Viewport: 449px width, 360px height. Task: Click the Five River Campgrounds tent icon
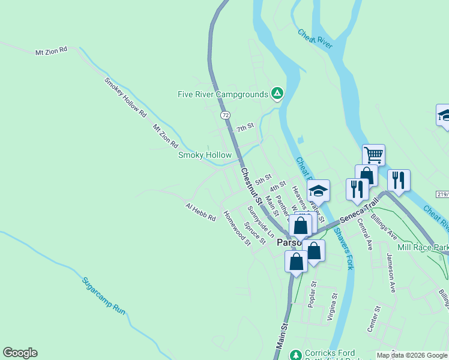(x=277, y=93)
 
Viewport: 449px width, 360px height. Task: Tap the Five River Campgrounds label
(x=222, y=94)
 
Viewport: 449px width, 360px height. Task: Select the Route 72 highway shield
(x=224, y=114)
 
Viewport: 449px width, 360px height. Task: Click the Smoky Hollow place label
(x=205, y=155)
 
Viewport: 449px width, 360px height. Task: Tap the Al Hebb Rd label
(x=200, y=212)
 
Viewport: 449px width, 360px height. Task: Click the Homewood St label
(x=237, y=228)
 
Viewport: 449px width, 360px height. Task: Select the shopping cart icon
(x=373, y=155)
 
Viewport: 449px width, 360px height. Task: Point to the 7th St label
(x=246, y=127)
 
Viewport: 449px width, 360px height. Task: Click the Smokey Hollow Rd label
(x=125, y=97)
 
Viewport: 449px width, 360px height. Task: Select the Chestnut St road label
(x=252, y=184)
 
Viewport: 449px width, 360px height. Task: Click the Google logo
(x=20, y=353)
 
